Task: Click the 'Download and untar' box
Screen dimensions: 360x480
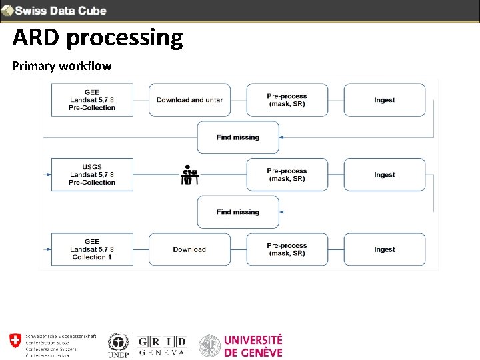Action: pos(190,100)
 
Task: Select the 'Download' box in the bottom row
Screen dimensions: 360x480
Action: pos(190,249)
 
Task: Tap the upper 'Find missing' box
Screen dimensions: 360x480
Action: pos(238,137)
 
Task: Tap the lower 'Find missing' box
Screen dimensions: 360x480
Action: pos(238,212)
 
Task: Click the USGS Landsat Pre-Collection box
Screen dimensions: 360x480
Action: pos(92,175)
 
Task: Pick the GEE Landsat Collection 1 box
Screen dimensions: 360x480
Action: pos(92,249)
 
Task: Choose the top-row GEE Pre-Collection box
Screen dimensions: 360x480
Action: pos(92,100)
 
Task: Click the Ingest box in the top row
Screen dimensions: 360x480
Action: pos(385,100)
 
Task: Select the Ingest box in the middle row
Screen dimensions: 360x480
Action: pos(385,175)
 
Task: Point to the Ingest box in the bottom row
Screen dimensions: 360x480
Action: pos(385,249)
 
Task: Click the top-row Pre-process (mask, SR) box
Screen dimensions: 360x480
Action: pos(287,100)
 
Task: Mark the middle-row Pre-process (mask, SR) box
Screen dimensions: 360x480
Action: pos(287,175)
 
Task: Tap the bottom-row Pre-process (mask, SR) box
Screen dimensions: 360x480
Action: pos(287,249)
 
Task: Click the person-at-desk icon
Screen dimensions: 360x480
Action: pos(190,175)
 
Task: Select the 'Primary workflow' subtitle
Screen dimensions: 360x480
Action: pos(62,66)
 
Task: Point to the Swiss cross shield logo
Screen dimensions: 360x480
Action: pos(15,341)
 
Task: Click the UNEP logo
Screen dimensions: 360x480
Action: pos(117,345)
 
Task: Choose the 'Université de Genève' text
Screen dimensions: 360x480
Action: pos(253,346)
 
